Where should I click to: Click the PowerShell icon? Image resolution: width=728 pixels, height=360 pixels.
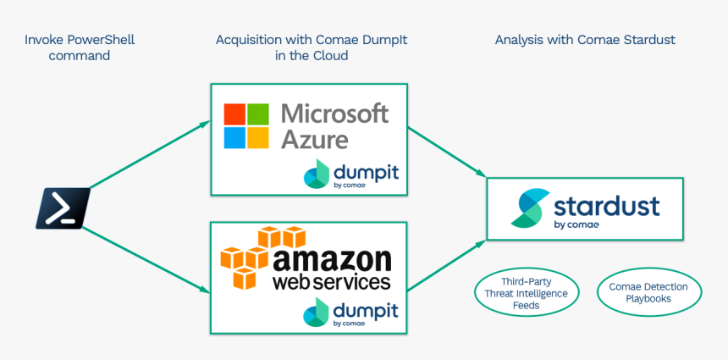(63, 208)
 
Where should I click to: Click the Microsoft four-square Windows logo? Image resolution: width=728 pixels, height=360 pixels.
(245, 125)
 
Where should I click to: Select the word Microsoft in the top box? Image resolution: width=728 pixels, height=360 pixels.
(334, 113)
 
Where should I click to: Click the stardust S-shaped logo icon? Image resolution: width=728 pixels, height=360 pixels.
(527, 208)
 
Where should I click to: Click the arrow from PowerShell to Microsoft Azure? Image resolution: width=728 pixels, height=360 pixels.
(149, 154)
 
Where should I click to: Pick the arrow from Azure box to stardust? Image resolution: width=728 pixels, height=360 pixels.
(447, 152)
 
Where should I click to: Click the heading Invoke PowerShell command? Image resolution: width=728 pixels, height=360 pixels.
(80, 47)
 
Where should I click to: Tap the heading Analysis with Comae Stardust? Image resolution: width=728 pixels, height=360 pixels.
(585, 40)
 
